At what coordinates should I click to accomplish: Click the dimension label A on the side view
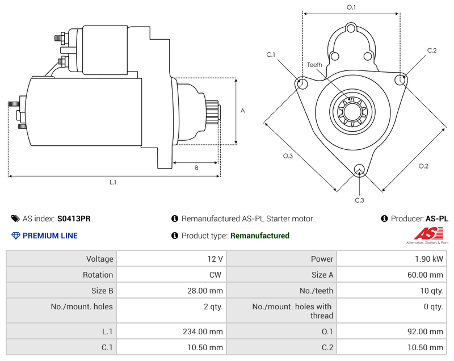(x=242, y=111)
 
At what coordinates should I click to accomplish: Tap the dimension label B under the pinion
(x=196, y=168)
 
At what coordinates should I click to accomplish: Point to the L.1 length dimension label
(x=113, y=182)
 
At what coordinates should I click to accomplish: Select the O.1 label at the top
(x=351, y=7)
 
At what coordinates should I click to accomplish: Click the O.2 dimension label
(x=423, y=166)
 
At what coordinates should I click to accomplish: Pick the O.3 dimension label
(x=288, y=156)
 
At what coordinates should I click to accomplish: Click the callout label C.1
(x=271, y=54)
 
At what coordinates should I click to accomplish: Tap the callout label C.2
(x=432, y=51)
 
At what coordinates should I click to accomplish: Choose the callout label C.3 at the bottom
(x=359, y=200)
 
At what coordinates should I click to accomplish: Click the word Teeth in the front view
(x=314, y=65)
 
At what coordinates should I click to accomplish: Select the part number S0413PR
(x=74, y=219)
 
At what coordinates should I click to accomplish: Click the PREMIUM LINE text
(x=50, y=236)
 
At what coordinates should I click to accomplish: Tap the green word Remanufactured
(x=259, y=236)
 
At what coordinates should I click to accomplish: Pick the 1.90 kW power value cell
(x=391, y=259)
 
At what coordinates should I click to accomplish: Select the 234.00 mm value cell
(x=171, y=331)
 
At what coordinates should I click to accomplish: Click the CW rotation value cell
(x=171, y=275)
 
